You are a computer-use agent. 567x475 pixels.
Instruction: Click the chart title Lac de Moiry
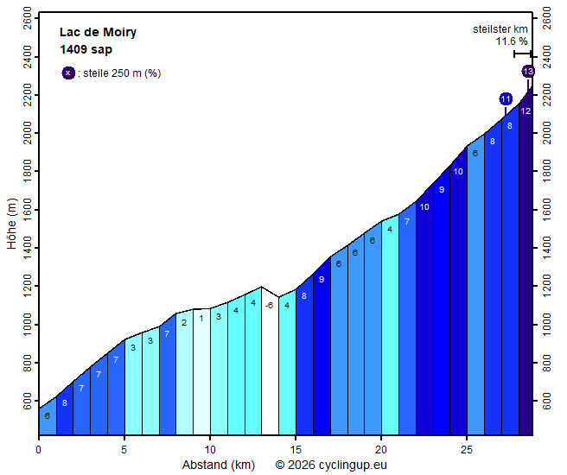tap(98, 33)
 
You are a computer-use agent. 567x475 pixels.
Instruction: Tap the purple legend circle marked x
tap(68, 73)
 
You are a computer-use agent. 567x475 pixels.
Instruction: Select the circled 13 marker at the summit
tap(528, 72)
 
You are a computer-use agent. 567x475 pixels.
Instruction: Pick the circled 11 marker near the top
tap(506, 99)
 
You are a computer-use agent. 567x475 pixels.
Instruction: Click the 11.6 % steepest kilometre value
tap(511, 41)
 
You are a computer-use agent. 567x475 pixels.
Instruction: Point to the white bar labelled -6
tap(270, 363)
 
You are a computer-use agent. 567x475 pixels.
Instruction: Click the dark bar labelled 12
tap(526, 259)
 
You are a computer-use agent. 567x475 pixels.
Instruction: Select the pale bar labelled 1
tap(201, 371)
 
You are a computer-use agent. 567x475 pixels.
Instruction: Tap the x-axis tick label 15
tap(296, 449)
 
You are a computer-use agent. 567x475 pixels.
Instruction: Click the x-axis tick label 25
tap(467, 449)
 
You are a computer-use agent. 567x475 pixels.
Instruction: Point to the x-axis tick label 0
tap(39, 449)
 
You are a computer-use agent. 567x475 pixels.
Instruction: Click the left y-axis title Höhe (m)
tap(11, 225)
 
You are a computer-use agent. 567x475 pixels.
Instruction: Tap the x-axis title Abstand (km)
tap(218, 465)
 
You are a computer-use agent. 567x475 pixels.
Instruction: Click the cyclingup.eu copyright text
tap(331, 465)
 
